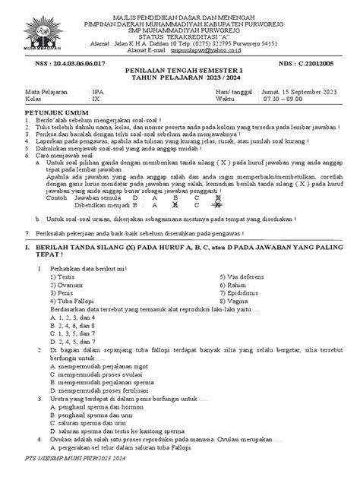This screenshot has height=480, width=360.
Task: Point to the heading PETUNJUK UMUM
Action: (52, 131)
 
